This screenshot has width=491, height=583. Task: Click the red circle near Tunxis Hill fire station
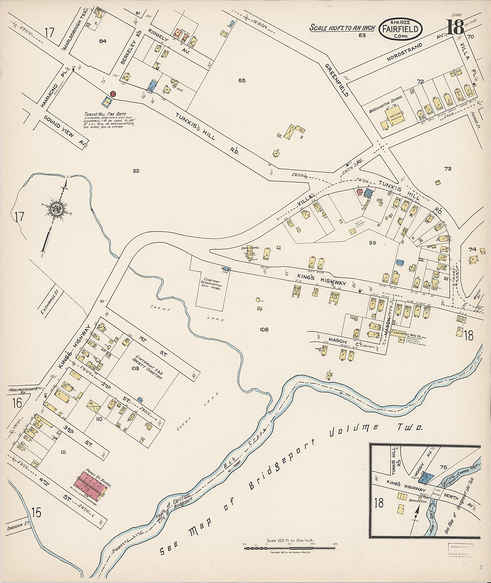(x=113, y=94)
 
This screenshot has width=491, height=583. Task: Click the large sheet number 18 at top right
(x=455, y=27)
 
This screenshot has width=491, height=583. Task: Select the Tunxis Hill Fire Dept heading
(x=105, y=114)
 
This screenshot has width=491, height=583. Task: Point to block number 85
(x=242, y=81)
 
